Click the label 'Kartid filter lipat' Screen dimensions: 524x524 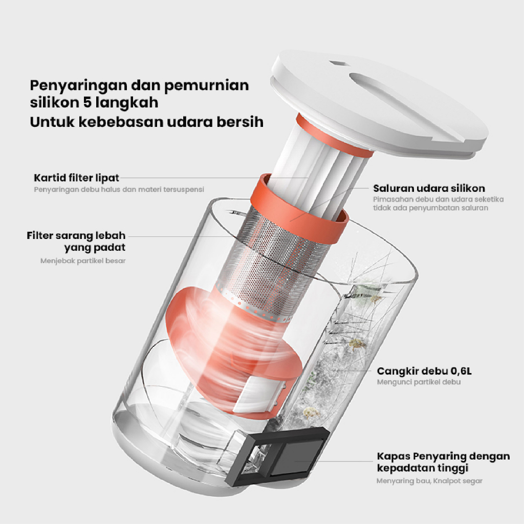click(77, 178)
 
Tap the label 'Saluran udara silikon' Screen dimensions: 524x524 click(429, 188)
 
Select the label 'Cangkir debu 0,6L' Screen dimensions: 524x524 click(424, 371)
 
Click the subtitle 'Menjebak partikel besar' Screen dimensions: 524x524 click(83, 260)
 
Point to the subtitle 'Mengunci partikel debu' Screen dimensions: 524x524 click(419, 382)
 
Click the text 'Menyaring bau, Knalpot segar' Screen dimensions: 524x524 click(429, 481)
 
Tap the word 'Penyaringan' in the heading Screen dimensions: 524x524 click(79, 85)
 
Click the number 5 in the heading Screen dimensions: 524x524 click(87, 102)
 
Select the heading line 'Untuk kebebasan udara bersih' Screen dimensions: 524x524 click(147, 122)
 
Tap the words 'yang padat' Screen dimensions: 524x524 click(95, 248)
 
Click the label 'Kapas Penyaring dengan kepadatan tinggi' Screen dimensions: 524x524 click(444, 462)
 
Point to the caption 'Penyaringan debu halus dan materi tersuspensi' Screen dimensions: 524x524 click(119, 189)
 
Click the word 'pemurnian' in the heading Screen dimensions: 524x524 click(207, 85)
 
